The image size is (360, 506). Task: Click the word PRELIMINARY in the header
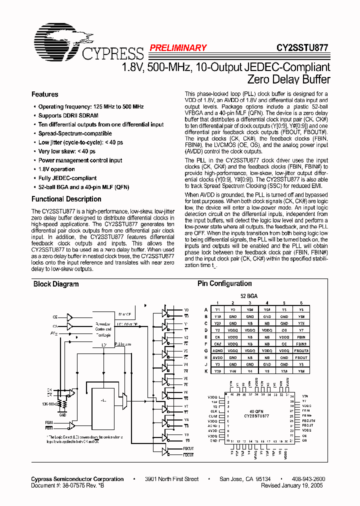177,48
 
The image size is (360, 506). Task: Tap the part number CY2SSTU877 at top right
302,48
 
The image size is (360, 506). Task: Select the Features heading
44,94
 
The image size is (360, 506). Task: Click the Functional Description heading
66,199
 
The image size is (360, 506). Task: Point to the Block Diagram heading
55,284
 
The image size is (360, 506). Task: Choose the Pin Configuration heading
224,283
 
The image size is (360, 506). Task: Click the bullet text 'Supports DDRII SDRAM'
68,115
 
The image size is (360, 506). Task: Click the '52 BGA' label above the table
249,296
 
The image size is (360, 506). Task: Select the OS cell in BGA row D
284,330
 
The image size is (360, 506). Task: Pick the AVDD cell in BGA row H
217,357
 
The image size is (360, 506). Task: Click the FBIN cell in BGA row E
301,337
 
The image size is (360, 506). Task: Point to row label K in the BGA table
206,371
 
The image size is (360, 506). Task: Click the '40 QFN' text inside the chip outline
256,411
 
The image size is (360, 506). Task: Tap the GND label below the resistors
62,414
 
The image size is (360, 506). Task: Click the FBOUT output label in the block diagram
188,449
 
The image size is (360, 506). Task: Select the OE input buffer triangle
69,317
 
